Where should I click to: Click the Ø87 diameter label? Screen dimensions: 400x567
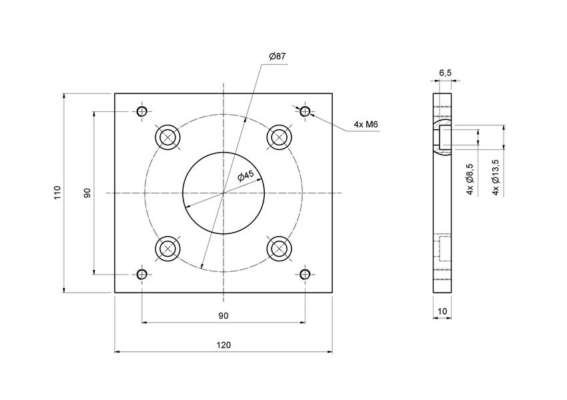coord(277,57)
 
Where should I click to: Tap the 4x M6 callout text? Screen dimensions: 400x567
coord(366,125)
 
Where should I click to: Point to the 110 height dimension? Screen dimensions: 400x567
coord(58,193)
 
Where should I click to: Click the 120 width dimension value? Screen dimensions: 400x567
coord(223,345)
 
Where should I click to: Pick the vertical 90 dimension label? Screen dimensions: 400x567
coord(87,193)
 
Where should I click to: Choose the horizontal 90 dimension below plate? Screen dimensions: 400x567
coord(223,315)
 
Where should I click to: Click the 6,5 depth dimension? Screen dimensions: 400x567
coord(445,72)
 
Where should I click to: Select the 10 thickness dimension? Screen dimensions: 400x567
coord(442,311)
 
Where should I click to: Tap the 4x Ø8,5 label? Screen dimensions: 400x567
coord(470,179)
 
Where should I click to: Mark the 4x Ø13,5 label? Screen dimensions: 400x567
coord(495,177)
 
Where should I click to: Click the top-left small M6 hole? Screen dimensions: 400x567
coord(141,111)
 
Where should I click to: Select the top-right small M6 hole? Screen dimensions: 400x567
coord(305,111)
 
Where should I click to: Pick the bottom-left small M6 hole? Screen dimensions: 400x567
coord(141,274)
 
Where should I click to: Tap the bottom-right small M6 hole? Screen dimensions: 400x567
coord(305,274)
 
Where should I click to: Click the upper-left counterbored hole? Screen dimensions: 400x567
coord(167,137)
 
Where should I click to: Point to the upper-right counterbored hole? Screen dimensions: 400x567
coord(279,137)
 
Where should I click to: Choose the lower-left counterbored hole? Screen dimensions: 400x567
coord(167,248)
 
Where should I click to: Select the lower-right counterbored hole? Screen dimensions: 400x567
coord(279,248)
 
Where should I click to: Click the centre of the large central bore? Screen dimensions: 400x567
coord(223,193)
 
